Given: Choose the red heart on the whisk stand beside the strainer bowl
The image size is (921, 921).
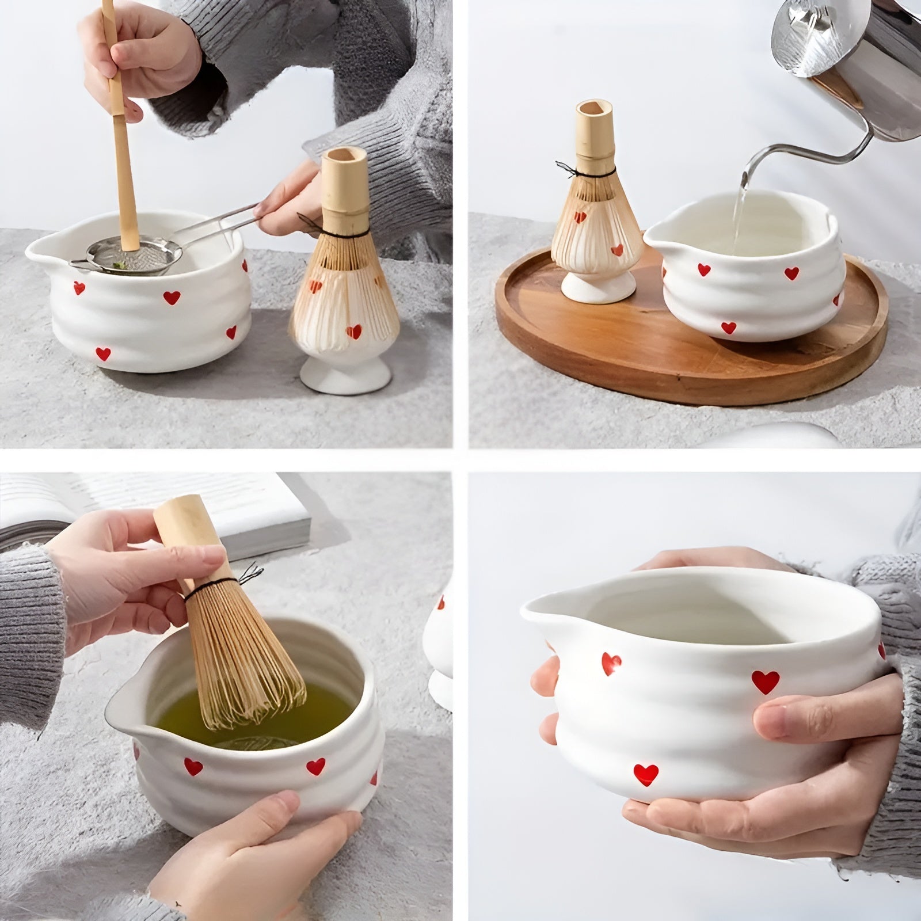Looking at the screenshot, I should tap(354, 332).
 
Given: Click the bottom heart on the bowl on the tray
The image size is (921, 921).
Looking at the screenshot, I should tap(728, 328).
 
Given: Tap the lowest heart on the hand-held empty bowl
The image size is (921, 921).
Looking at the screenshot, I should tap(646, 772).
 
